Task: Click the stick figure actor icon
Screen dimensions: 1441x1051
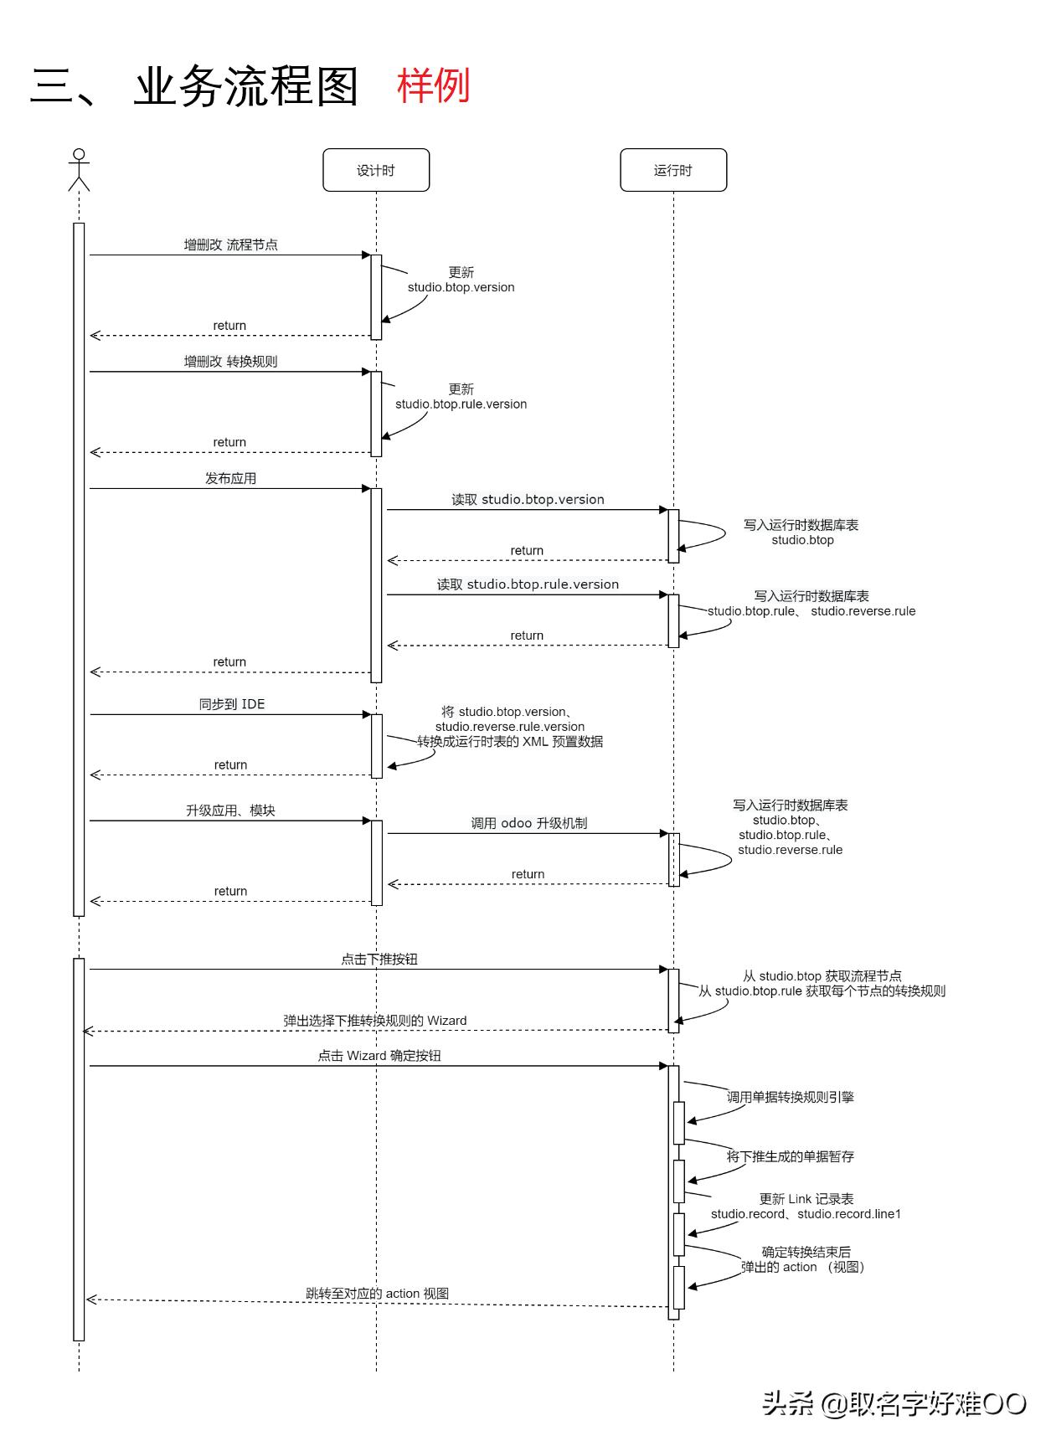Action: pyautogui.click(x=79, y=169)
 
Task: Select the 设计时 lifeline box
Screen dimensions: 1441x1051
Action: pyautogui.click(x=376, y=170)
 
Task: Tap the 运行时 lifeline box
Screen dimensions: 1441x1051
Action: pyautogui.click(x=673, y=170)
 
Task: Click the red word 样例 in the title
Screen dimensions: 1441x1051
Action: pyautogui.click(x=433, y=85)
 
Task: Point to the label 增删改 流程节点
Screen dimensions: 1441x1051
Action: pyautogui.click(x=230, y=244)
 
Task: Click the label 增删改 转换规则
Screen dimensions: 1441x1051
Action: pyautogui.click(x=230, y=361)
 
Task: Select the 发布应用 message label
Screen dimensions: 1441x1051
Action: pyautogui.click(x=230, y=478)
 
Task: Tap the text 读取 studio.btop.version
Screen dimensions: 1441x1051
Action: pyautogui.click(x=528, y=499)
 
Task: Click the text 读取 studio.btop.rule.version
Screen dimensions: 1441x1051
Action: pyautogui.click(x=528, y=584)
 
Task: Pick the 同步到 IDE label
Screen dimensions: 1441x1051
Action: pyautogui.click(x=231, y=704)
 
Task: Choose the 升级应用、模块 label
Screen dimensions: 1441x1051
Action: pyautogui.click(x=230, y=811)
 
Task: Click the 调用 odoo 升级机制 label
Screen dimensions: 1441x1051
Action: pyautogui.click(x=528, y=823)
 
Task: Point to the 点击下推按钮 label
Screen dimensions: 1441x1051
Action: pyautogui.click(x=379, y=959)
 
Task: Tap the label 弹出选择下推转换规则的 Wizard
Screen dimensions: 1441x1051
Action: pyautogui.click(x=374, y=1020)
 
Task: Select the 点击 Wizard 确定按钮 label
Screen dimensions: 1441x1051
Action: pyautogui.click(x=379, y=1055)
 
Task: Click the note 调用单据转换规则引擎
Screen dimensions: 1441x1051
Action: pyautogui.click(x=790, y=1097)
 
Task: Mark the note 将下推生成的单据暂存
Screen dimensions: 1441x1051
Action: pyautogui.click(x=790, y=1156)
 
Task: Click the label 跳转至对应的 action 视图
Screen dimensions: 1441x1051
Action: pyautogui.click(x=377, y=1293)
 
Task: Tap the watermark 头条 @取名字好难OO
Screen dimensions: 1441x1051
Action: pyautogui.click(x=894, y=1402)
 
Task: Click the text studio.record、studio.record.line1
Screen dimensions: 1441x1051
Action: pyautogui.click(x=806, y=1213)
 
